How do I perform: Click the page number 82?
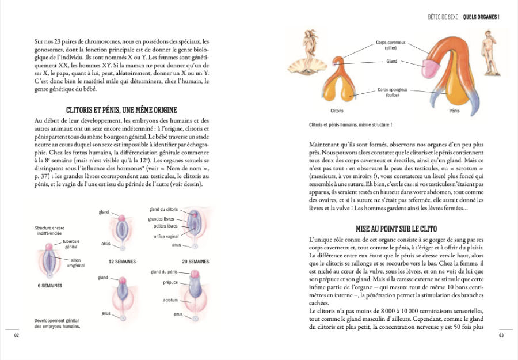17,335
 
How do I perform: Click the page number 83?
501,335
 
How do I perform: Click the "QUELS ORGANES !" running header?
481,17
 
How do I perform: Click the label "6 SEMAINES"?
50,285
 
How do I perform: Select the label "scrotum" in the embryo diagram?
170,300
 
